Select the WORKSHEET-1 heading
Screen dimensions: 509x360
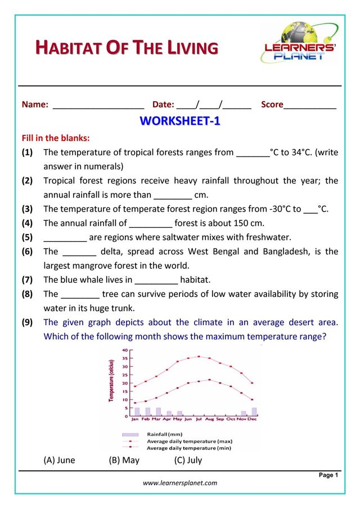(x=179, y=121)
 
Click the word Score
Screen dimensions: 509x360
(x=272, y=105)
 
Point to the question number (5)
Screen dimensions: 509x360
(x=27, y=237)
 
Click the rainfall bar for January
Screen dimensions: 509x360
(x=137, y=412)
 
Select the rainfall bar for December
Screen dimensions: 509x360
(x=254, y=412)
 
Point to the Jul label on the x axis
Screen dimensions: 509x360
(x=198, y=419)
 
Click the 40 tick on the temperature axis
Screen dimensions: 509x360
(x=124, y=350)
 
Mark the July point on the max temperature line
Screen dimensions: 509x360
(x=199, y=356)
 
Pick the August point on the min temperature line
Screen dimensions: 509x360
(x=209, y=380)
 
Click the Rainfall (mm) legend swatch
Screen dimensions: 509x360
(x=130, y=434)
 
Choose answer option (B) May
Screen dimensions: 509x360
(x=124, y=460)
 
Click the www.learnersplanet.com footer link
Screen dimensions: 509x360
(x=180, y=483)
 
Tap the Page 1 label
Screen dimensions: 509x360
(x=328, y=475)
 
